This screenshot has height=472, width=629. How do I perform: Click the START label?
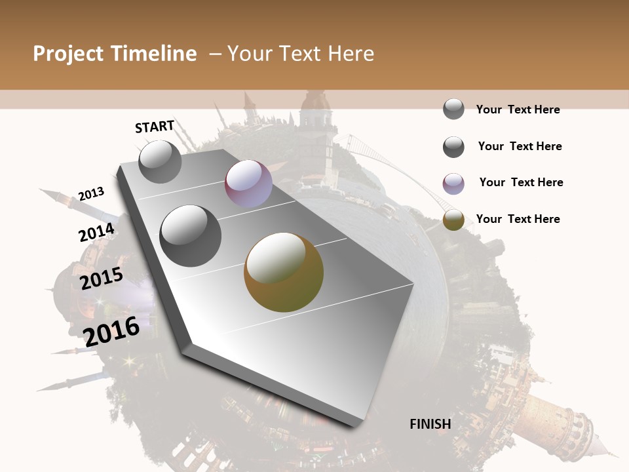[x=155, y=127]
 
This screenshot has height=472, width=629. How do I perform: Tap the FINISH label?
[x=430, y=424]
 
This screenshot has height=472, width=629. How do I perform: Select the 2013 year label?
[x=91, y=194]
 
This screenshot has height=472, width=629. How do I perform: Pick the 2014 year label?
[x=97, y=233]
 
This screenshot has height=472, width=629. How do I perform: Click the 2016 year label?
[x=112, y=332]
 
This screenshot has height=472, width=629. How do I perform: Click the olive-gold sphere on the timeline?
[x=284, y=272]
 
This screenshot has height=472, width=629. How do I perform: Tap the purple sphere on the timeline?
[x=248, y=184]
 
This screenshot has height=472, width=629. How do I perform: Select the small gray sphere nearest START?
[x=161, y=162]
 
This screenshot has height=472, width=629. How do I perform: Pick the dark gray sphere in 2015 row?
[x=191, y=235]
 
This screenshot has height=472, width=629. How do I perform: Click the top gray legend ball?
[x=453, y=109]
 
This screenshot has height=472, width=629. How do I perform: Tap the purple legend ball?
[x=453, y=184]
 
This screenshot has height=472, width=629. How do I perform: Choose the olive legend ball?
[x=453, y=220]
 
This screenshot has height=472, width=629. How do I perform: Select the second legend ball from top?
[x=453, y=147]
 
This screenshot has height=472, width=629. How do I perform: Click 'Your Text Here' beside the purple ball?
[x=521, y=182]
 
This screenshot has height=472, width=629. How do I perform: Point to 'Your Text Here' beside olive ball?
[x=518, y=219]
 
